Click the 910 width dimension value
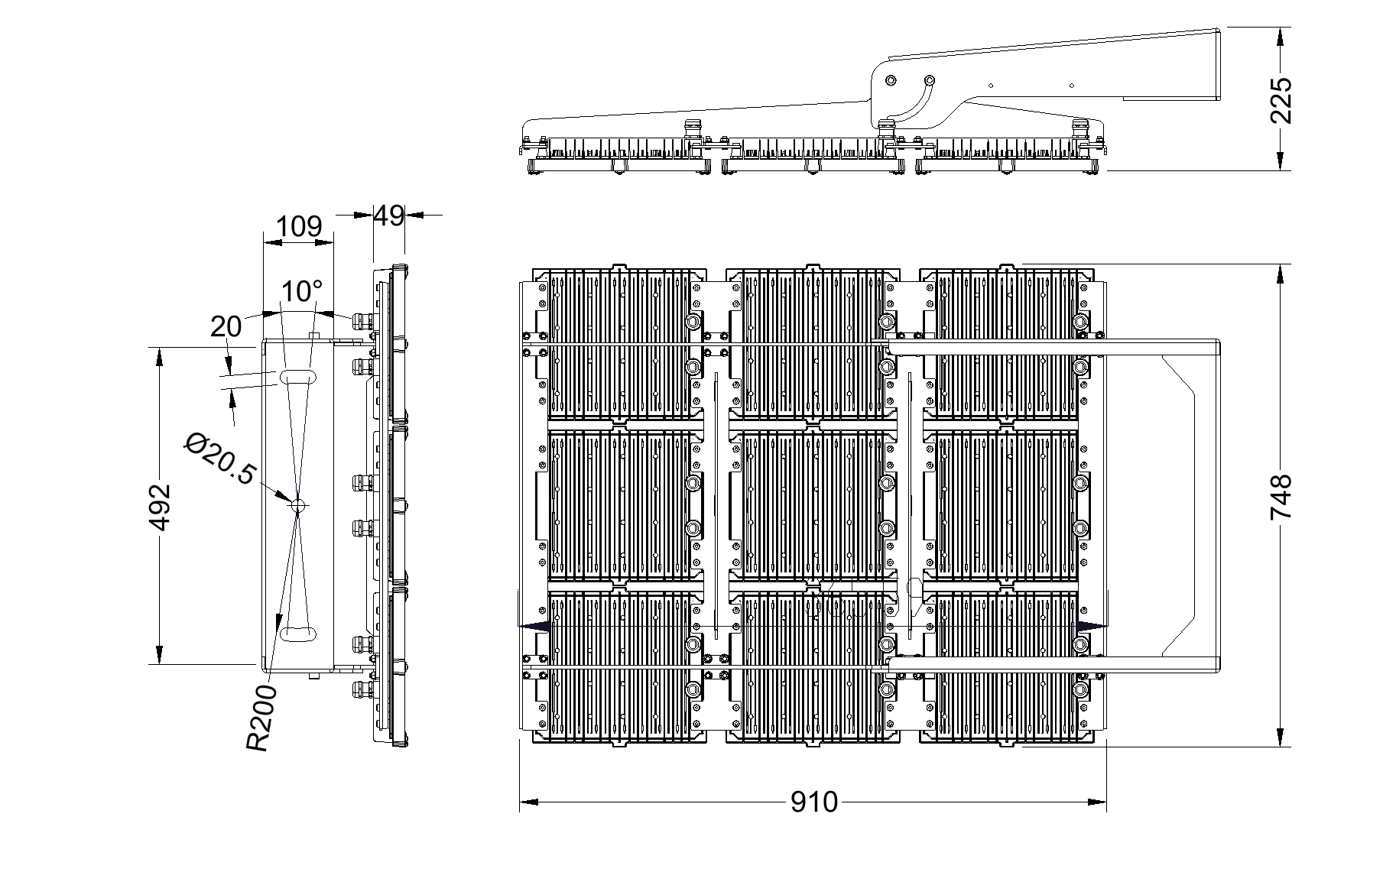coord(814,802)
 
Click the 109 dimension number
coord(299,227)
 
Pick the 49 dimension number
coord(388,216)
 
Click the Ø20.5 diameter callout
coord(219,459)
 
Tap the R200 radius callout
coord(260,718)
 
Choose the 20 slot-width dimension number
coord(226,326)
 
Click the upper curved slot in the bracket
coord(298,377)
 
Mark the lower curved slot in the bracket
coord(298,633)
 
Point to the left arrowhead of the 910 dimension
coord(529,802)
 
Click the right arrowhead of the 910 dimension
coord(1097,802)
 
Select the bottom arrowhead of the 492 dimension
coord(160,655)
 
